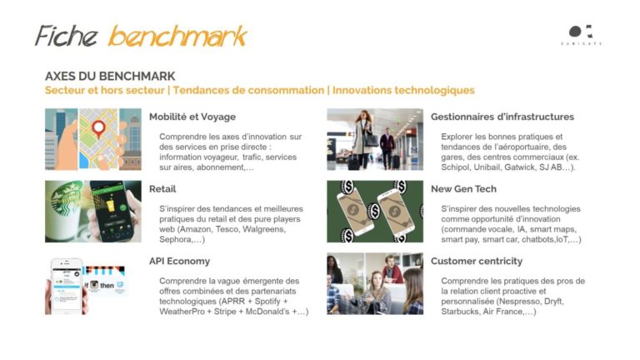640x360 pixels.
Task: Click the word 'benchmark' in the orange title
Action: [x=178, y=36]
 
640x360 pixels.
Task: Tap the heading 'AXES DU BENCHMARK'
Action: [x=110, y=77]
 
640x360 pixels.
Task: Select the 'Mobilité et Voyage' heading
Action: [x=192, y=117]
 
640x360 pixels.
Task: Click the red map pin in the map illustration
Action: [x=98, y=128]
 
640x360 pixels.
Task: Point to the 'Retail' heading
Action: [x=162, y=189]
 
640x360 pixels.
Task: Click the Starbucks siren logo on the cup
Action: [x=65, y=200]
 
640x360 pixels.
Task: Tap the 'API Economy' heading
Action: [x=179, y=261]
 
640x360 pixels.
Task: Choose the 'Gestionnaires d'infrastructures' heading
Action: [x=502, y=117]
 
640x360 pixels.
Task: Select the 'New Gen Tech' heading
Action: [x=463, y=189]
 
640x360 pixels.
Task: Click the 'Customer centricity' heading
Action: [x=477, y=261]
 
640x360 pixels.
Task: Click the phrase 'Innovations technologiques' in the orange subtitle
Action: [x=403, y=90]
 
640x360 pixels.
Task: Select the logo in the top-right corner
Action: [x=581, y=35]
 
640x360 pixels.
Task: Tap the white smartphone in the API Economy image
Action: [x=66, y=286]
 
